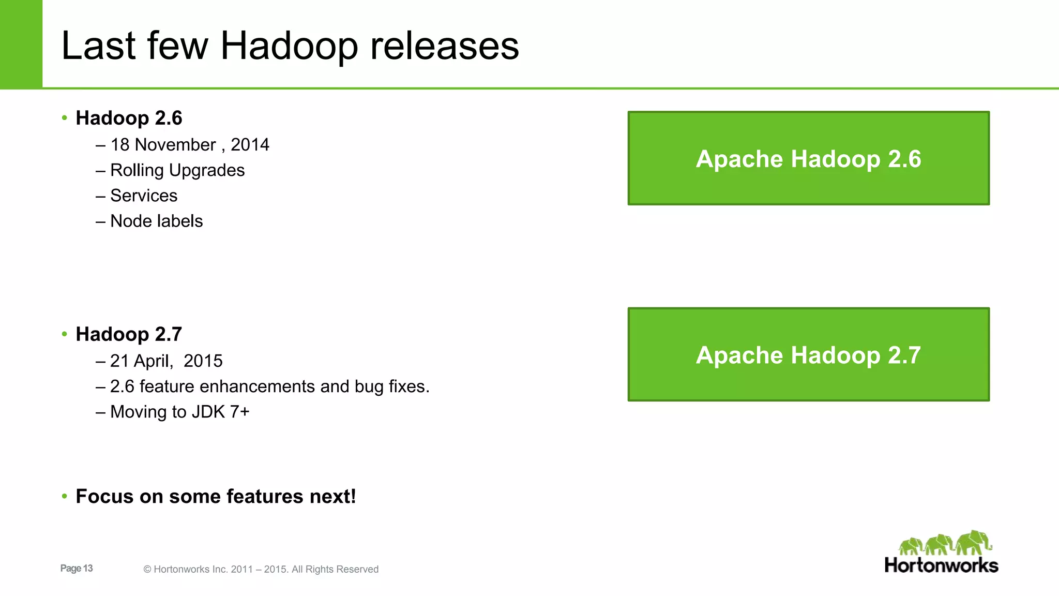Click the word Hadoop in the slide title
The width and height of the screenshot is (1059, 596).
289,47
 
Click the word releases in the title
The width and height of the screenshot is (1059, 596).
445,47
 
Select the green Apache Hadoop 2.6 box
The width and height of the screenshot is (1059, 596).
808,158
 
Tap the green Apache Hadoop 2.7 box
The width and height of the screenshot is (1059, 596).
808,354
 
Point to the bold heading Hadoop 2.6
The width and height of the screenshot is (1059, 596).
129,118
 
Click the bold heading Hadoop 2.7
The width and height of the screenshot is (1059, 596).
129,334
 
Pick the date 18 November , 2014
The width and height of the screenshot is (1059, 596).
189,145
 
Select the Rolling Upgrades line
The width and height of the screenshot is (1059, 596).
177,170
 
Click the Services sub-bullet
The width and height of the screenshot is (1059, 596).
144,196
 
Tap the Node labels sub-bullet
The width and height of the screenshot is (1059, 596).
156,221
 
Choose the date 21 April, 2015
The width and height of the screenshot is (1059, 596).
166,361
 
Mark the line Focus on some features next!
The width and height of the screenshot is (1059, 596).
216,496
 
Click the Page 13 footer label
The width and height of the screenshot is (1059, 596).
77,568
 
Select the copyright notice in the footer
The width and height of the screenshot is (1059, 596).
261,569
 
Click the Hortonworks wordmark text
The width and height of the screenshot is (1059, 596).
941,565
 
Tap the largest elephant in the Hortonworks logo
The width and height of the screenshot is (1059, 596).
973,543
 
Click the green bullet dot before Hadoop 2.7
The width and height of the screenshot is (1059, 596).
65,334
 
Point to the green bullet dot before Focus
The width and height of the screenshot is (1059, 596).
65,496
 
